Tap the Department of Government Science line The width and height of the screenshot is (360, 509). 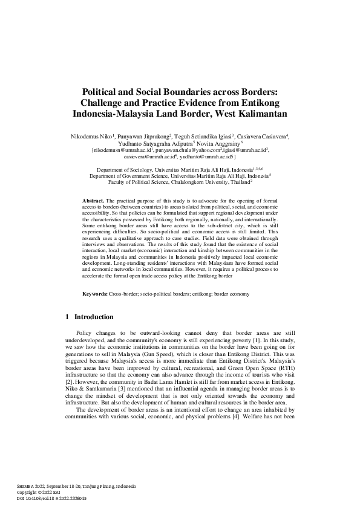point(180,176)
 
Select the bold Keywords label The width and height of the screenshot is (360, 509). point(95,294)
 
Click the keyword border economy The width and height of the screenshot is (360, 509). point(229,294)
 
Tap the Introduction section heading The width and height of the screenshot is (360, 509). point(93,317)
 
